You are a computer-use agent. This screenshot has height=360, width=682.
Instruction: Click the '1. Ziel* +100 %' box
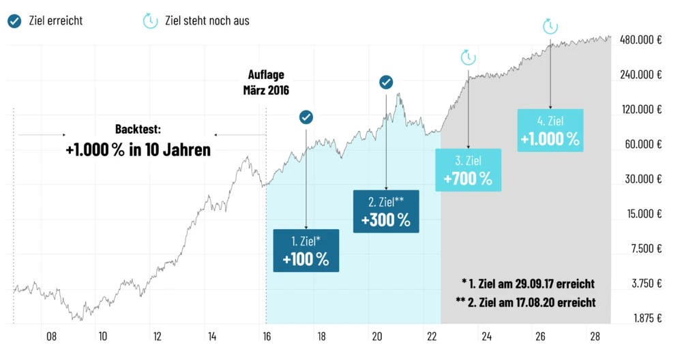click(306, 250)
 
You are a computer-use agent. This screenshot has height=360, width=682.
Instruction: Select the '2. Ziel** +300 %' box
click(386, 211)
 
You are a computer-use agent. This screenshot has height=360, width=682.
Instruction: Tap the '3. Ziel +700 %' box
click(468, 170)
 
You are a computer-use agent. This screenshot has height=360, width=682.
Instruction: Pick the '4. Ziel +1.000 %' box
click(550, 130)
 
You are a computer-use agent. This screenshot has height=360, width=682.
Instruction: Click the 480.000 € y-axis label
click(641, 40)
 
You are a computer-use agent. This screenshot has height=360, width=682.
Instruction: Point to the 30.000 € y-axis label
click(643, 179)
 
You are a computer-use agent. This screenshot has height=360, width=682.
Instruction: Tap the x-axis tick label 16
click(267, 336)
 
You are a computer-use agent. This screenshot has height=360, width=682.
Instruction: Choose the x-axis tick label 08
click(51, 336)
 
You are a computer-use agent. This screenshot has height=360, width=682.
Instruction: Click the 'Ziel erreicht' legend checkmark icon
click(14, 20)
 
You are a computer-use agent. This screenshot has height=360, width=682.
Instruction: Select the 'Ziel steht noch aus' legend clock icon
click(149, 20)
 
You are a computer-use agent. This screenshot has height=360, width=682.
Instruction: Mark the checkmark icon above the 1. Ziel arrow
click(306, 117)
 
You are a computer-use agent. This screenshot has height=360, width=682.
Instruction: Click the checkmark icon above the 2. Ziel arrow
click(386, 82)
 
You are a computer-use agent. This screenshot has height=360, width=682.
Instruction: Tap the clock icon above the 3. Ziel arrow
click(468, 57)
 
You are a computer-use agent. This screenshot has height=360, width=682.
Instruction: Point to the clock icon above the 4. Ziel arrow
click(550, 27)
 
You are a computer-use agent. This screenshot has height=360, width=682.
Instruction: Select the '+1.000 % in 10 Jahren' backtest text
click(138, 150)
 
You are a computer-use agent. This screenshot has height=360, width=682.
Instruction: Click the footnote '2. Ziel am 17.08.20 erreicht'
click(526, 301)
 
